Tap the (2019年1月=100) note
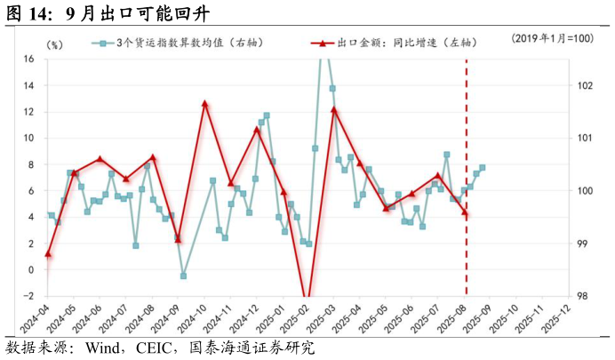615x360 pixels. coord(552,39)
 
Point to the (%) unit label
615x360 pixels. coord(54,44)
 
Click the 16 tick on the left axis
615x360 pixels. coord(28,59)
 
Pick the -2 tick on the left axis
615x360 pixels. coord(28,296)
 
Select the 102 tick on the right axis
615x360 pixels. coord(584,85)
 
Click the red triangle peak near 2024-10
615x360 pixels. coord(205,104)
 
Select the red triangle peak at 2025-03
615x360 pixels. coord(334,109)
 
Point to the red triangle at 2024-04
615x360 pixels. coord(48,254)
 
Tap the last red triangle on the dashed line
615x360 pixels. coord(465,212)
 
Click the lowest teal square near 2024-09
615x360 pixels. coord(183,276)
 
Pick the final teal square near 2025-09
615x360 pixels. coord(483,167)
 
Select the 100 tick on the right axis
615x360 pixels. coord(584,190)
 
